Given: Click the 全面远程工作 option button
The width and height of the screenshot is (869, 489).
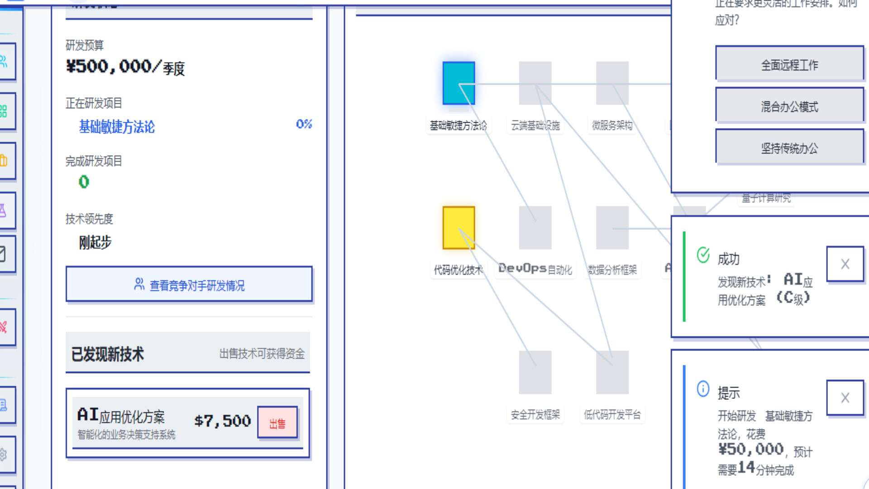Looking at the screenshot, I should click(789, 65).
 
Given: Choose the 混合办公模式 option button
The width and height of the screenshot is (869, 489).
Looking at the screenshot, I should click(789, 106).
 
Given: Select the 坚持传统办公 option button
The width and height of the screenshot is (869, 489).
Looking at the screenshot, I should click(789, 148).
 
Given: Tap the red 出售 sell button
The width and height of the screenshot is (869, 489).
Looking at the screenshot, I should click(277, 423).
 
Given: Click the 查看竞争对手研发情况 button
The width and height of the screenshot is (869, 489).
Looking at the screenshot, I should click(189, 284).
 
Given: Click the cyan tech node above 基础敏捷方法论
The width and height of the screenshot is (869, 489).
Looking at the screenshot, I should click(458, 83).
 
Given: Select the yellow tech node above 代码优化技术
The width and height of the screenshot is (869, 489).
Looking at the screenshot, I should click(458, 228).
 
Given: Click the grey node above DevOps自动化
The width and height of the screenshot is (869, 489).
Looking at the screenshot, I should click(535, 228).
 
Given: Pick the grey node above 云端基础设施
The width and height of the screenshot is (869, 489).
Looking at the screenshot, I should click(535, 83).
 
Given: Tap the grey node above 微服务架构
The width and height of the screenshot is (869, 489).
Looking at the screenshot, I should click(612, 83).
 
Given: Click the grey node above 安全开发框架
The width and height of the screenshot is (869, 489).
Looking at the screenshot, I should click(535, 372).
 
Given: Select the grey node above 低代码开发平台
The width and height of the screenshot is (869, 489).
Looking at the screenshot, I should click(612, 372).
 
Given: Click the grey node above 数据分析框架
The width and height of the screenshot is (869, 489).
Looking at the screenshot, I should click(612, 228).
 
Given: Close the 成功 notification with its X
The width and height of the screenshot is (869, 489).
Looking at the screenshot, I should click(845, 264).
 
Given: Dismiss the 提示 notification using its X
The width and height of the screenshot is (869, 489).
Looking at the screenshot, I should click(845, 398).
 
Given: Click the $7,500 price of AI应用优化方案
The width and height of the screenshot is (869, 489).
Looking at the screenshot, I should click(222, 421).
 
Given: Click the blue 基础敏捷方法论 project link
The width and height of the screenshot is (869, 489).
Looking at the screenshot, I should click(117, 127).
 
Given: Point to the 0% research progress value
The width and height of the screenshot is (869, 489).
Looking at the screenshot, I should click(304, 124).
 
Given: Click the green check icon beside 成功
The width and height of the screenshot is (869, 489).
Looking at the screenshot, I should click(703, 255).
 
